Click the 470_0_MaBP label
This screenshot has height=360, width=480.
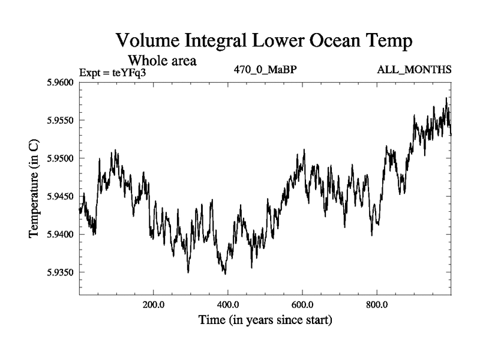[x=266, y=70]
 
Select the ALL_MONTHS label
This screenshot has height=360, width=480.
[x=414, y=70]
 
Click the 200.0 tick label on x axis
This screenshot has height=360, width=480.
[x=154, y=304]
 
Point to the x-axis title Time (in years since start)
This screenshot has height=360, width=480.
[x=265, y=320]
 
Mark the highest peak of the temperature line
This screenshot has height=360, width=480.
[x=446, y=98]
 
